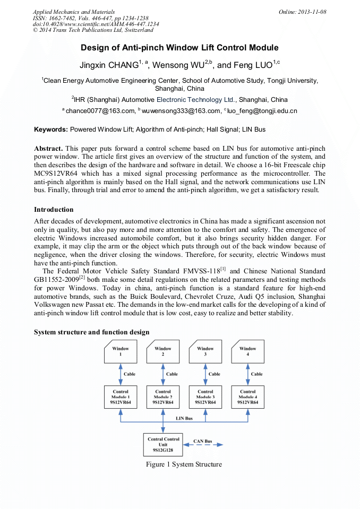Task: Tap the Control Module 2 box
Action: (x=162, y=397)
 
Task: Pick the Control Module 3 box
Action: (x=205, y=397)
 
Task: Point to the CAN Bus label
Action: (x=202, y=441)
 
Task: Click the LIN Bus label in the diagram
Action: (x=184, y=418)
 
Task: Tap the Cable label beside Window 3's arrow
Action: (x=214, y=374)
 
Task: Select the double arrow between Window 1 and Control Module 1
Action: (x=120, y=374)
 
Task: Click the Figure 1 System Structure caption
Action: (x=184, y=464)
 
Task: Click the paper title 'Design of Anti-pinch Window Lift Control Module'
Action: (x=179, y=48)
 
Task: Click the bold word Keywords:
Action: (x=51, y=130)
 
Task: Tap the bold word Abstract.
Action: (x=48, y=148)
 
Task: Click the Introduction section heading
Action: (x=54, y=210)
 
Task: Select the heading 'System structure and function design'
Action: (x=91, y=332)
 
